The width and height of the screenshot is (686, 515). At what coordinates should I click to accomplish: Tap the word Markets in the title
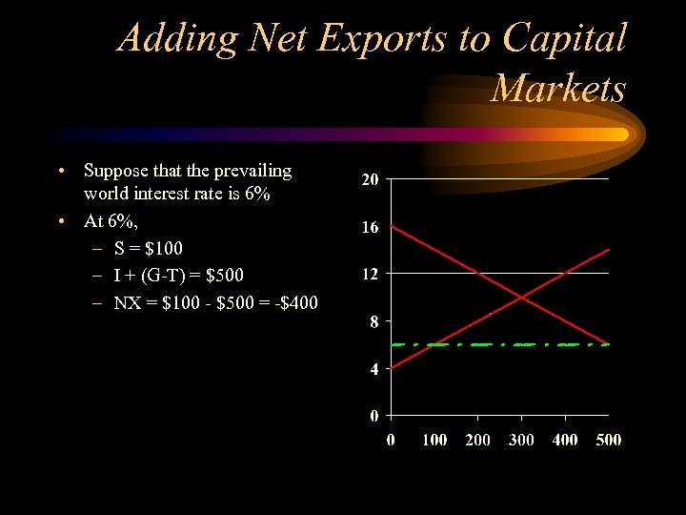click(559, 89)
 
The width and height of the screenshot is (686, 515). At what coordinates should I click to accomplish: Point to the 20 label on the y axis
click(370, 180)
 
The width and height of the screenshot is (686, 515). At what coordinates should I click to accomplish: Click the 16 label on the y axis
click(370, 228)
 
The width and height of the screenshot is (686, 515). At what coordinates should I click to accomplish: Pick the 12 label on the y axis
click(370, 275)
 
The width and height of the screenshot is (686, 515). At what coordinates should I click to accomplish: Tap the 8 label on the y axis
click(373, 322)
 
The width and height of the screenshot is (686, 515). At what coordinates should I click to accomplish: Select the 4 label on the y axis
click(373, 369)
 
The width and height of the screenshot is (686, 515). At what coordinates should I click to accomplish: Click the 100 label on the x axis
click(434, 440)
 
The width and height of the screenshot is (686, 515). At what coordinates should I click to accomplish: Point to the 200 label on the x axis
click(478, 440)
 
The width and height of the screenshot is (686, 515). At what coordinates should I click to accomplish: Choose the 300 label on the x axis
click(521, 440)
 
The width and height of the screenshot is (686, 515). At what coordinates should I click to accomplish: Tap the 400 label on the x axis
click(565, 440)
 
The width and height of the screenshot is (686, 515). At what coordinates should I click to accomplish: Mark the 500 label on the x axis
click(608, 440)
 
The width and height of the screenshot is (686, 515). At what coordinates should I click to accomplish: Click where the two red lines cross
click(521, 298)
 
